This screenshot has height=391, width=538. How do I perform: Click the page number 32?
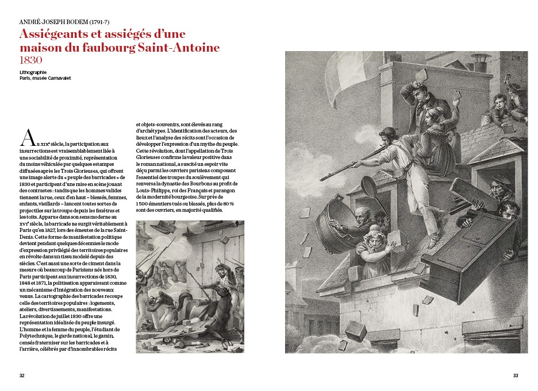(22, 375)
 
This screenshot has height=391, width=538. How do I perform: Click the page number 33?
(516, 375)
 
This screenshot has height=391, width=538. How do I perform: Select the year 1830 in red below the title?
(32, 59)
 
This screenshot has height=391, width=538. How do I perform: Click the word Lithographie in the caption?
(33, 72)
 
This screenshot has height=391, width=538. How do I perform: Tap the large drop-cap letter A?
(27, 138)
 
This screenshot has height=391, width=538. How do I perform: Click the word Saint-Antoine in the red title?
(187, 47)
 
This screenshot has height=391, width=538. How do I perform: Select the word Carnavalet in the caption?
(58, 78)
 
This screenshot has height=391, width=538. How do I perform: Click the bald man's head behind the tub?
(360, 214)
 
